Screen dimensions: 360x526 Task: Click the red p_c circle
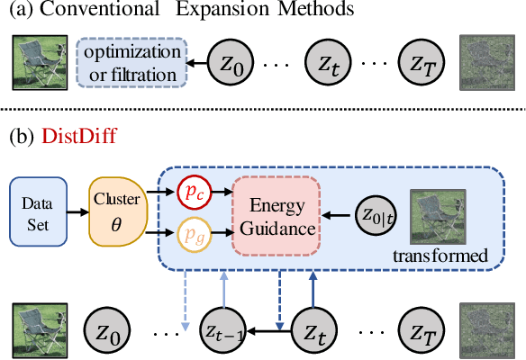click(x=191, y=192)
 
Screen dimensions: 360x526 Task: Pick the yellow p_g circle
click(x=191, y=233)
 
